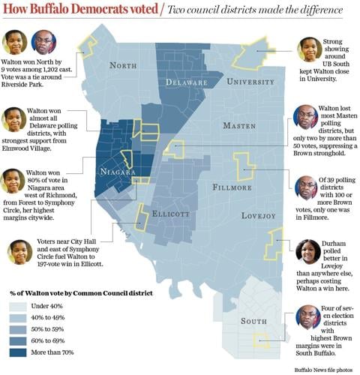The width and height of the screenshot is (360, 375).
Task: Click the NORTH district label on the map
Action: (123, 65)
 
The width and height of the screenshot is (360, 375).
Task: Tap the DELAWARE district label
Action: (187, 81)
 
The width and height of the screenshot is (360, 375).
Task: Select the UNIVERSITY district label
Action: (250, 80)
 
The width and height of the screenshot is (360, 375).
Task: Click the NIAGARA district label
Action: (117, 172)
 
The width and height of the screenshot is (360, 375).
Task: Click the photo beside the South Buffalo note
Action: (307, 317)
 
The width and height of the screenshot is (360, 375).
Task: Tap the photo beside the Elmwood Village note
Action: (14, 119)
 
